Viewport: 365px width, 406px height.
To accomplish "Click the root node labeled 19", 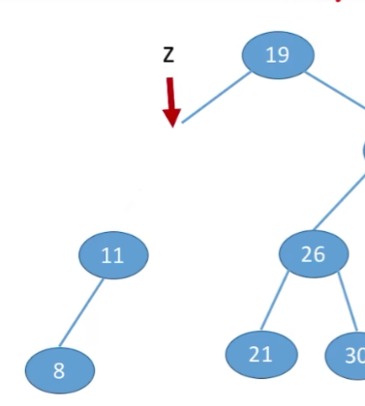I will pos(278,54).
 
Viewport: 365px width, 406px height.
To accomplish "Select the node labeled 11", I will pos(113,255).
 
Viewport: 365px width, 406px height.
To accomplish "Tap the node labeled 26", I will pos(313,254).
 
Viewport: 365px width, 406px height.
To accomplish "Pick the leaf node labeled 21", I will pos(260,354).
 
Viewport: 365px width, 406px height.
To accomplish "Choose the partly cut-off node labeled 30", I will pos(349,355).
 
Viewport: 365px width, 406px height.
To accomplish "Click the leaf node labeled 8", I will pos(59,370).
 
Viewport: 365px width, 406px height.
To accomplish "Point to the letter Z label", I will pos(168,55).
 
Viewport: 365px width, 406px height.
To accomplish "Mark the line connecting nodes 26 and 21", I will pos(275,303).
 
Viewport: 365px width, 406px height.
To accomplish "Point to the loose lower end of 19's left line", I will pos(184,121).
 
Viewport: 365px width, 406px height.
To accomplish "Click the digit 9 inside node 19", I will pos(283,54).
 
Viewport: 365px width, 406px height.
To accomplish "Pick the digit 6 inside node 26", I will pos(319,254).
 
